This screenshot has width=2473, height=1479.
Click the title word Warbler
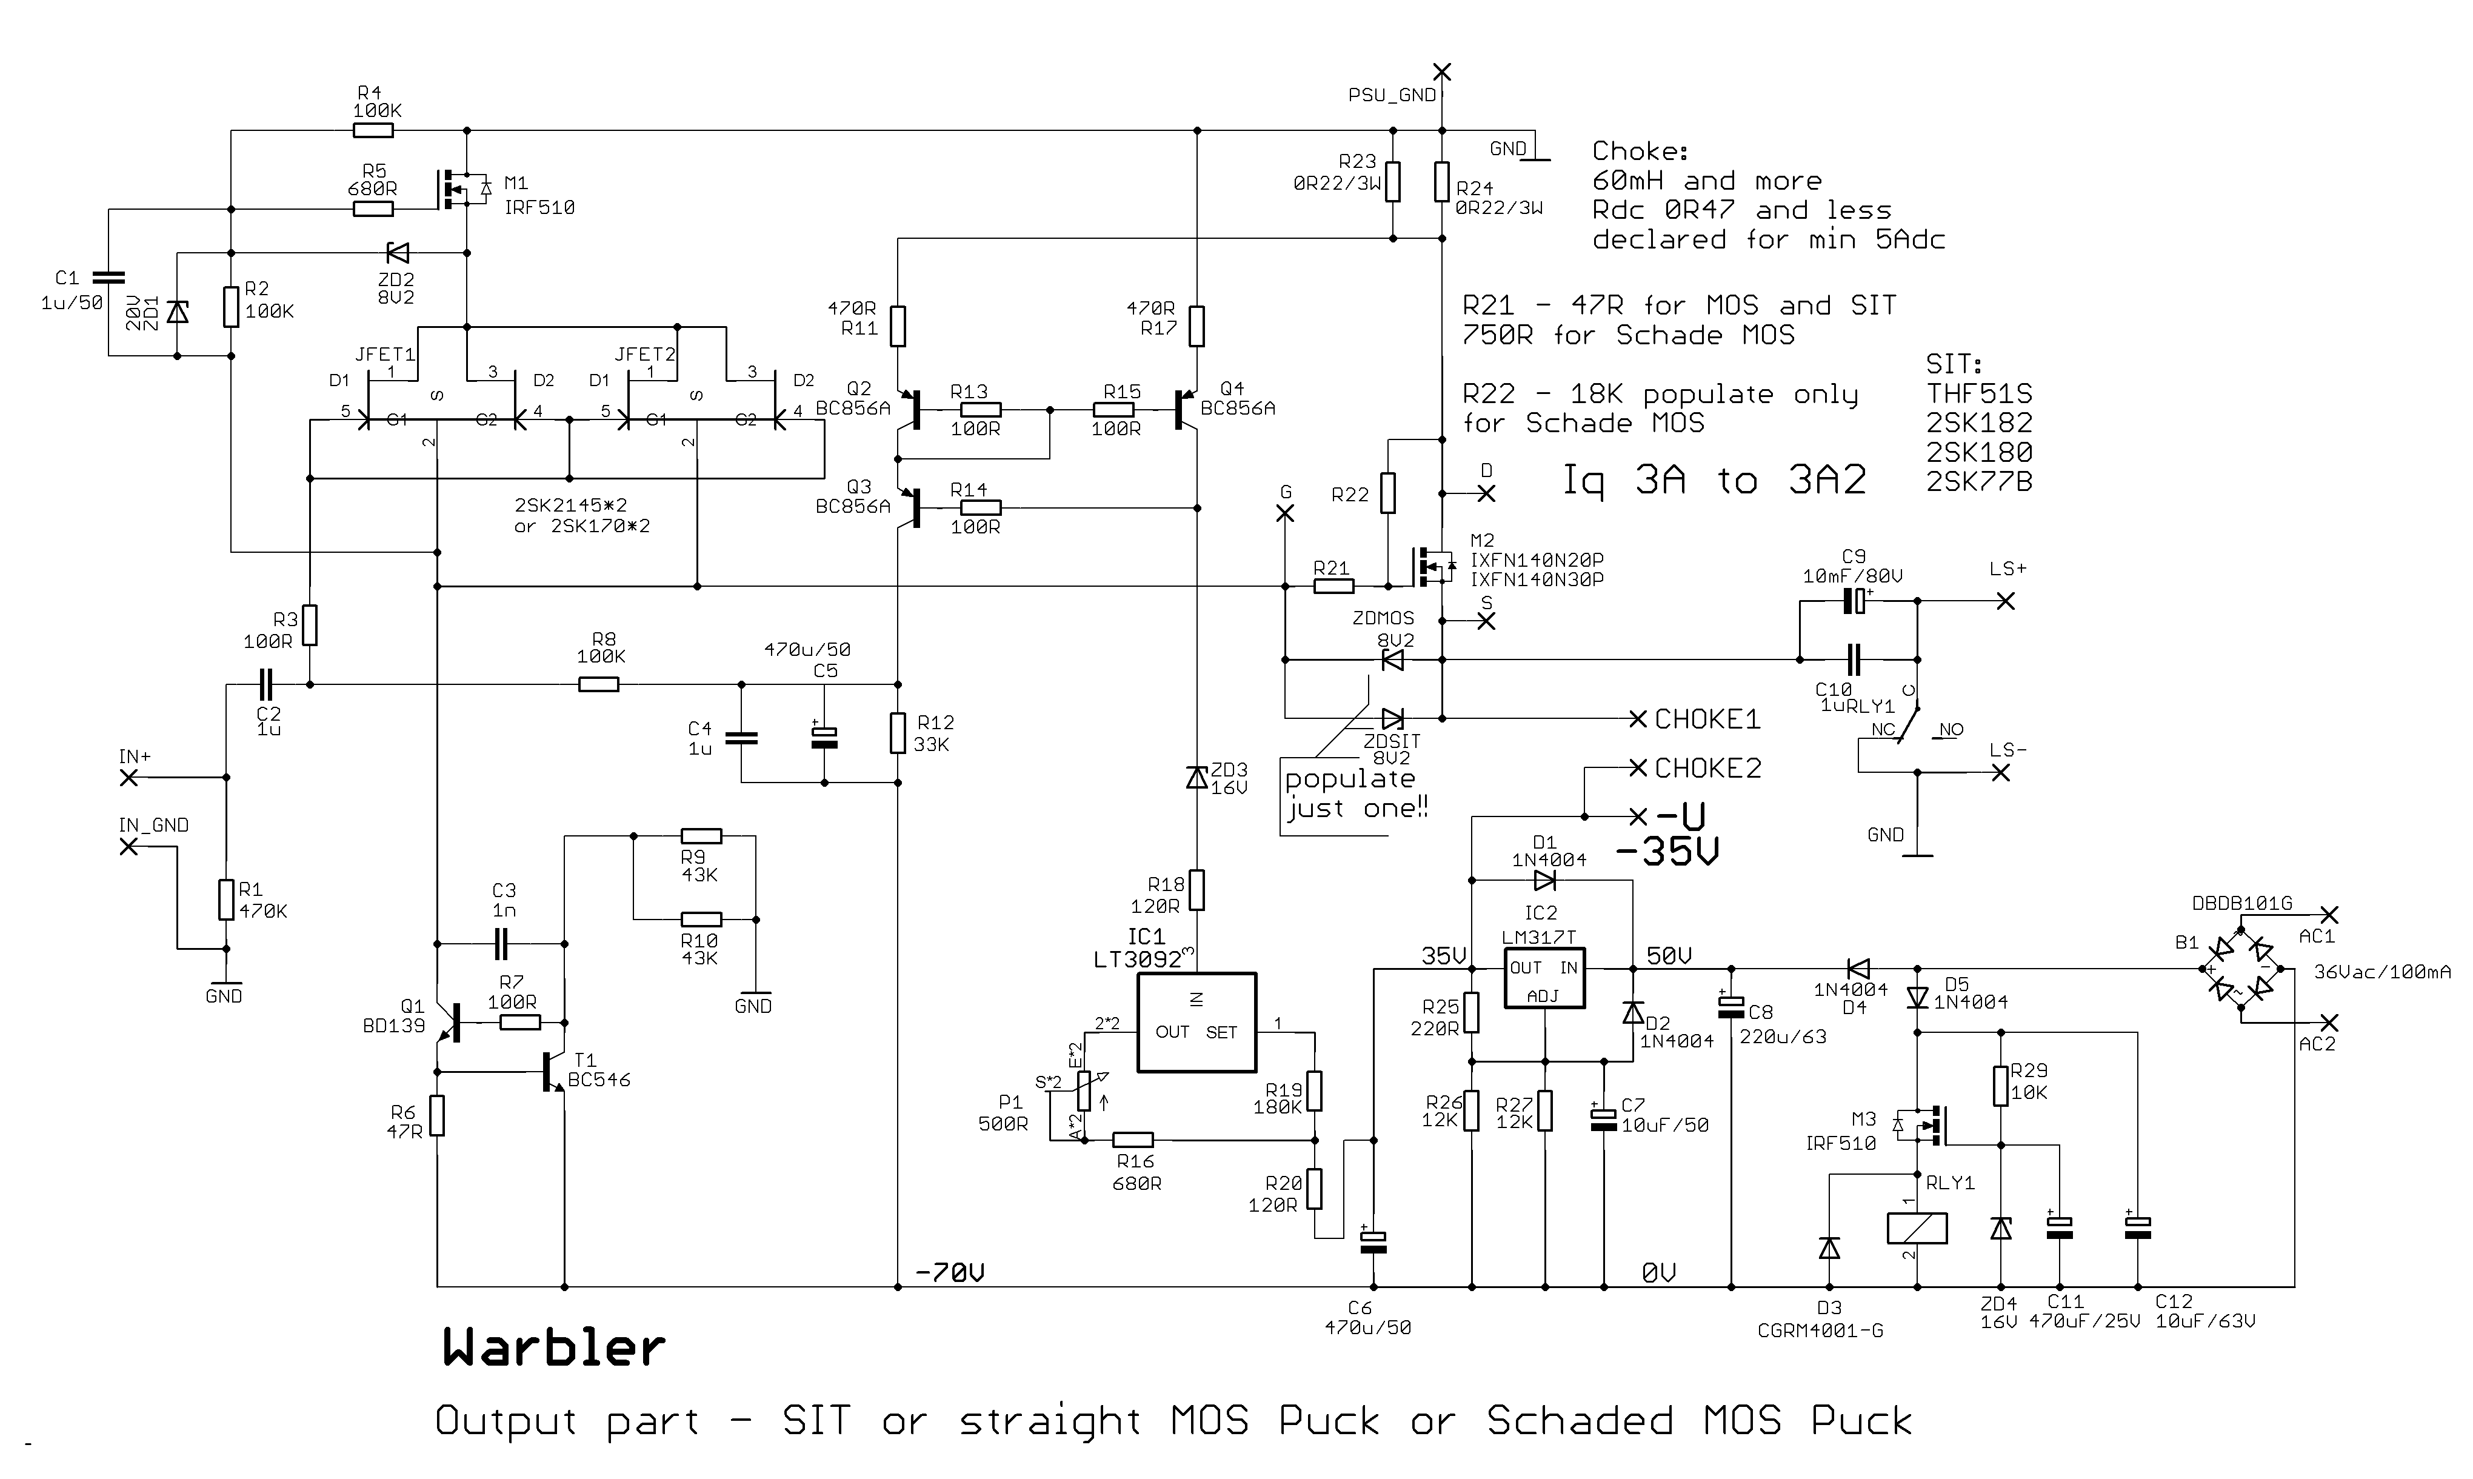[554, 1347]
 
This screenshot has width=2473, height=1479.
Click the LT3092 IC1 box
[1196, 1023]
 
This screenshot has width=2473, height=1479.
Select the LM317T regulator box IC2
[1543, 978]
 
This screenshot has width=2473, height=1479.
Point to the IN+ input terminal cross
[128, 777]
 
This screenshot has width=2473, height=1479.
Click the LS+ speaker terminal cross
[2006, 601]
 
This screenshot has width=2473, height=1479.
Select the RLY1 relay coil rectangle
[1917, 1228]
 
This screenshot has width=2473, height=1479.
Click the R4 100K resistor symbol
[373, 130]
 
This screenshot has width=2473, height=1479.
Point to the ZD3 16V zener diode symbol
[1196, 777]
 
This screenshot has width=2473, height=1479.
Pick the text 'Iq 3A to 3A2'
[1713, 481]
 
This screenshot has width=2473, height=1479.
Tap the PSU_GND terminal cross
[1442, 72]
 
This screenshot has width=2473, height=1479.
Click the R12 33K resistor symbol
[898, 732]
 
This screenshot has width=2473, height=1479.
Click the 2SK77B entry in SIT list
[1979, 481]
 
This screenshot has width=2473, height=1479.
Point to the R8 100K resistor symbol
[598, 685]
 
